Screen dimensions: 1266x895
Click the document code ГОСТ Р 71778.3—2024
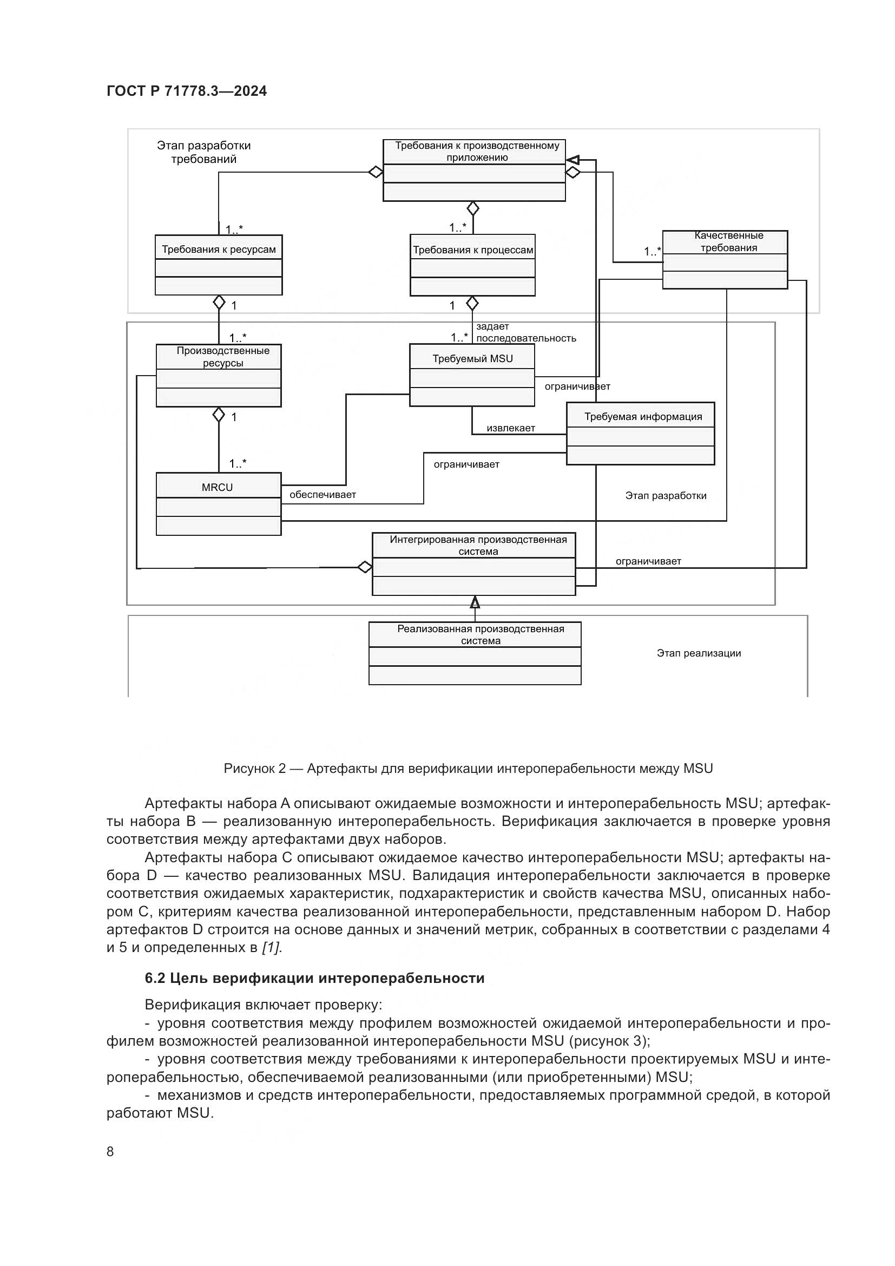point(186,91)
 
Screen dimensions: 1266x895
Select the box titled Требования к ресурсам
point(218,249)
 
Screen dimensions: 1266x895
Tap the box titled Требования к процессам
point(473,250)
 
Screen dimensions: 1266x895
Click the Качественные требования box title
point(728,241)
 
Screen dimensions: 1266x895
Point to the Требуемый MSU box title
point(472,359)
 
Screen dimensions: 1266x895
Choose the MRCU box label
point(217,488)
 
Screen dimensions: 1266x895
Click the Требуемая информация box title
point(643,417)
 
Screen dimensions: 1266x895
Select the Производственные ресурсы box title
point(222,357)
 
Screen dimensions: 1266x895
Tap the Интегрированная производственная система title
point(478,546)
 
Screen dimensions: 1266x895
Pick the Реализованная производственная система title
point(481,635)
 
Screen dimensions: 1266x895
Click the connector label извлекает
point(510,428)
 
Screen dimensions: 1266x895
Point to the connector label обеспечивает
point(323,495)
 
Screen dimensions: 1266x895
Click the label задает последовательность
point(525,332)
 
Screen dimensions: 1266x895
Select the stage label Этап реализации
point(698,653)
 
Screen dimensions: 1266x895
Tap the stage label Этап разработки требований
point(203,152)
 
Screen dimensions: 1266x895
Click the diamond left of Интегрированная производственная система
point(365,567)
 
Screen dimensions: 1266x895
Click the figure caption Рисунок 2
point(468,769)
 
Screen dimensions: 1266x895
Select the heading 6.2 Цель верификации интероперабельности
point(314,978)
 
